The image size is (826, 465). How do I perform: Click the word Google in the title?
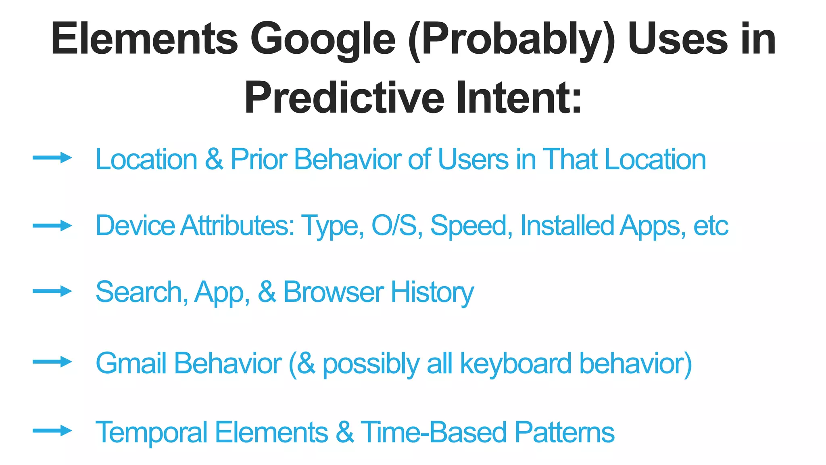click(323, 39)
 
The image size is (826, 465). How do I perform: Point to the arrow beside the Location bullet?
click(52, 157)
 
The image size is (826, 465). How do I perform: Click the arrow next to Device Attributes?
click(52, 225)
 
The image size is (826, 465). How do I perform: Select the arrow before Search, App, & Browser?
click(52, 291)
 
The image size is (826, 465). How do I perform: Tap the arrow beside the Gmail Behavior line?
click(52, 361)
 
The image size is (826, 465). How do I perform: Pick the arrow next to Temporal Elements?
click(52, 431)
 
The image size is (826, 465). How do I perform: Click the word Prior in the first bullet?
click(259, 159)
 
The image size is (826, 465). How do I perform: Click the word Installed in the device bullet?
click(567, 225)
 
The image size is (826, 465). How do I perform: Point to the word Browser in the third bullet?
click(333, 292)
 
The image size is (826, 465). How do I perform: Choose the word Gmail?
click(131, 363)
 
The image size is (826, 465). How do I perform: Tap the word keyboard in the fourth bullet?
click(515, 364)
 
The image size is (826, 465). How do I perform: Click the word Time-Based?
click(433, 432)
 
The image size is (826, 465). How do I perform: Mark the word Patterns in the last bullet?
click(564, 432)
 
